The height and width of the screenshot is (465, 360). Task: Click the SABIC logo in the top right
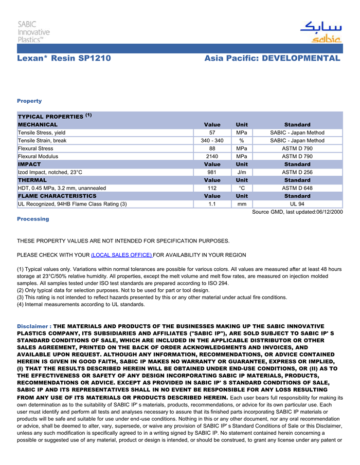coord(320,32)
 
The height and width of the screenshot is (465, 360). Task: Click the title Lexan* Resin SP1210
coord(64,58)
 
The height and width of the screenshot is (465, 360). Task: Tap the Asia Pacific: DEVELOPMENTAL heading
coord(272,58)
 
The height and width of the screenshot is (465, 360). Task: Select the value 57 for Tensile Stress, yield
coord(212,133)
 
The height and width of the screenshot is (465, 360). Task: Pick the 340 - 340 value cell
coord(212,141)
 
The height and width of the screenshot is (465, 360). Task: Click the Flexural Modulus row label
coord(38,156)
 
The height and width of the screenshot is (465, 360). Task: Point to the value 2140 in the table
coord(212,156)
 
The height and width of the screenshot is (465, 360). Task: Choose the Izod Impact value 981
coord(212,172)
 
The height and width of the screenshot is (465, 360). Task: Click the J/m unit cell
coord(241,172)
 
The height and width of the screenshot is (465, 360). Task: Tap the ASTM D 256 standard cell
coord(297,172)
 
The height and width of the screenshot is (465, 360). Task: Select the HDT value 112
coord(212,188)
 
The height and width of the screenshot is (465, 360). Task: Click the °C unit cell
coord(241,188)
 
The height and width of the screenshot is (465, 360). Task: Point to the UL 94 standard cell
coord(297,204)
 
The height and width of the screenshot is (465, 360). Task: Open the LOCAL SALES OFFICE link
coord(121,255)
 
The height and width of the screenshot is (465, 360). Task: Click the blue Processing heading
coord(33,219)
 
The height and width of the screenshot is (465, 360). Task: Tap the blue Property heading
coord(29,101)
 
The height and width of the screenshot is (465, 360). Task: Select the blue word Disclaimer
coord(33,326)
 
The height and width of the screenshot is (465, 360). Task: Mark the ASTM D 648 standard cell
coord(297,188)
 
